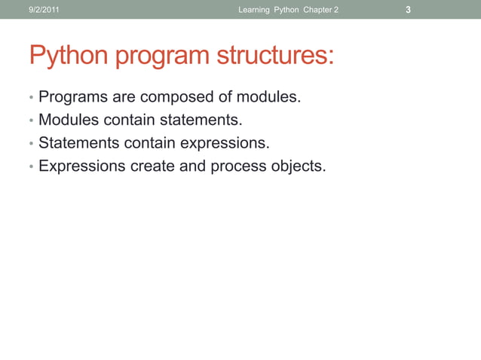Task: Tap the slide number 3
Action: [408, 10]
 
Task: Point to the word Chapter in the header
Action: [317, 10]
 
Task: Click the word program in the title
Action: [161, 56]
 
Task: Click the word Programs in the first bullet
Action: [72, 97]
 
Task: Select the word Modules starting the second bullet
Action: [68, 120]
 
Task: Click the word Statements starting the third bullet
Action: [78, 142]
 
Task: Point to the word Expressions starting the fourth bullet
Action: [82, 166]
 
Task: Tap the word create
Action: [152, 166]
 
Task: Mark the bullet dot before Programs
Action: [31, 99]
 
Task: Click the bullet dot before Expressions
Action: [31, 166]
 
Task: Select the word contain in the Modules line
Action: [128, 120]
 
